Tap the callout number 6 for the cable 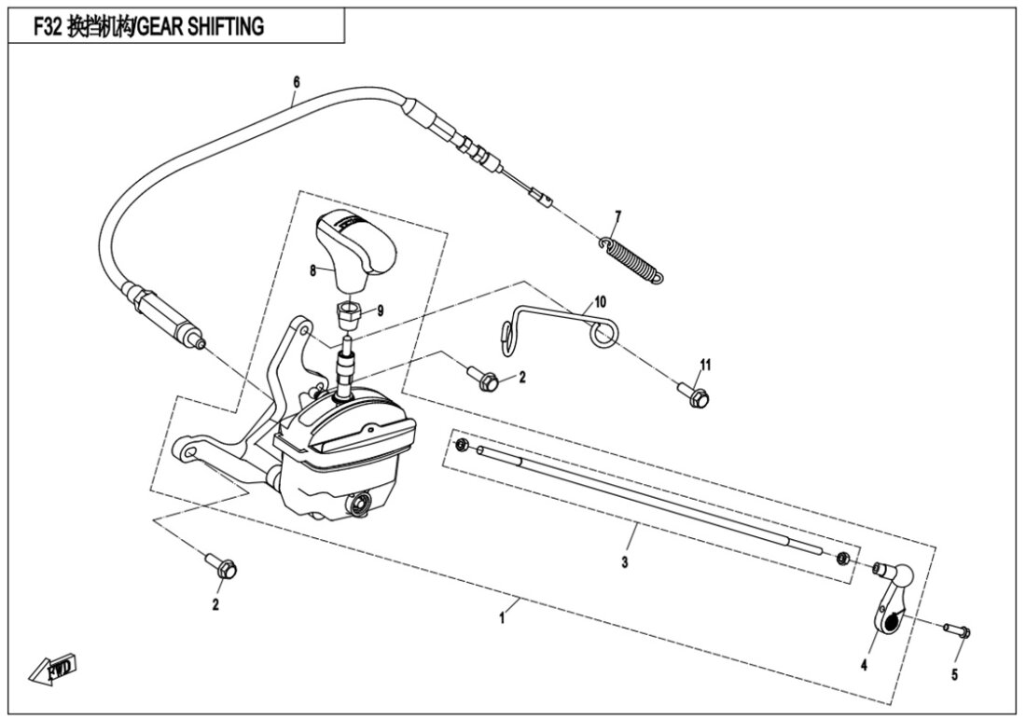click(296, 82)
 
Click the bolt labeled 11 click(696, 395)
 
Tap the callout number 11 click(706, 363)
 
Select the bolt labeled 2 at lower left click(224, 565)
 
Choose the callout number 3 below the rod click(626, 562)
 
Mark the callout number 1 click(502, 618)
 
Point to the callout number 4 click(864, 666)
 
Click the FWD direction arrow click(55, 669)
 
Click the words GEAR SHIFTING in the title click(201, 27)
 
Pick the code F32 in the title click(47, 27)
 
